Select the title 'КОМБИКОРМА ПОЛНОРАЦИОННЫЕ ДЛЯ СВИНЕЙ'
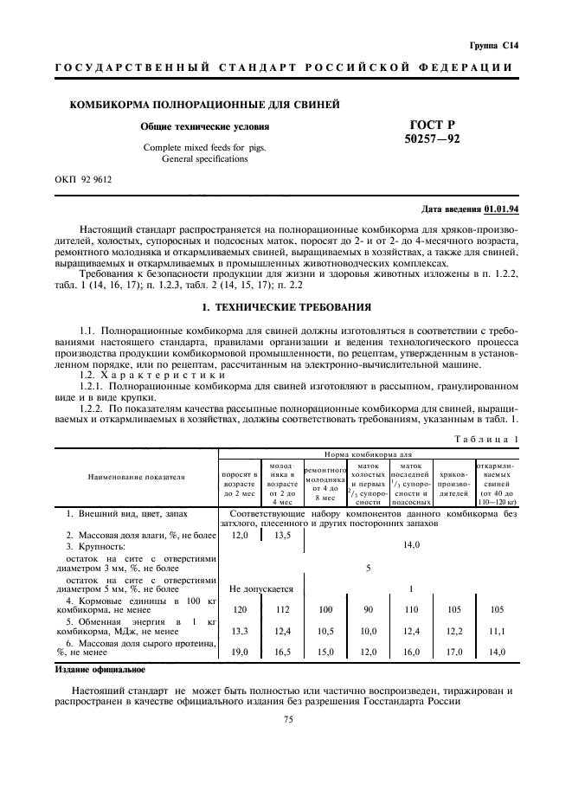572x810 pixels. (x=198, y=105)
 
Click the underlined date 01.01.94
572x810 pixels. (x=501, y=209)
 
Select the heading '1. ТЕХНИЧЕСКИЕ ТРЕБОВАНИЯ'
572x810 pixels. (x=286, y=307)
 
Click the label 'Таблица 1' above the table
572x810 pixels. (x=486, y=440)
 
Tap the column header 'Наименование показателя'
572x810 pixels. (x=136, y=477)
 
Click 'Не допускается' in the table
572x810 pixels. (x=260, y=588)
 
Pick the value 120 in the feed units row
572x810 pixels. (x=241, y=609)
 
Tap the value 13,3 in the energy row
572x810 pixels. (x=241, y=630)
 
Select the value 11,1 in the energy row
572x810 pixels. (x=497, y=630)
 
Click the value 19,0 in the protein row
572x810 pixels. (x=241, y=652)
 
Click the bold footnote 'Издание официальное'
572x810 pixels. (x=100, y=669)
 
